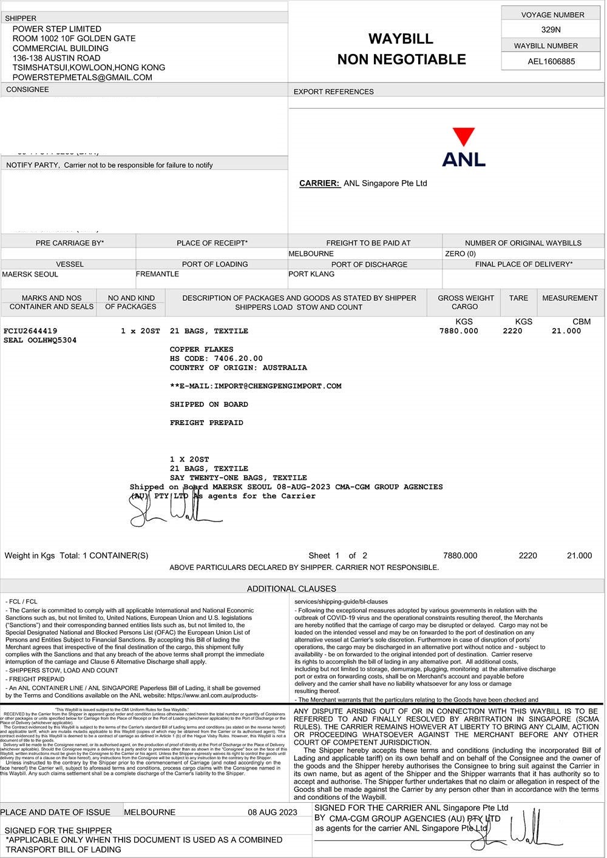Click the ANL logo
pos(464,147)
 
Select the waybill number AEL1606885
pos(551,61)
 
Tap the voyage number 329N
pos(551,29)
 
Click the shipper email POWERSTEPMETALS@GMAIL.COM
pos(83,78)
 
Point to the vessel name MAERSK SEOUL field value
pos(30,274)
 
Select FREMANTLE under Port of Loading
pos(157,274)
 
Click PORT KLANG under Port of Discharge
pos(311,274)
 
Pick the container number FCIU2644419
pos(30,331)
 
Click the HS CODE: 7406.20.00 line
pos(216,358)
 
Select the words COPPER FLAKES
pos(202,349)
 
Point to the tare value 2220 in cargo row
pos(512,331)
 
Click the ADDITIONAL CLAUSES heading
pos(291,588)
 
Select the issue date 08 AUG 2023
pos(273,812)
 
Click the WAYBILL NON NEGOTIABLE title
pos(401,49)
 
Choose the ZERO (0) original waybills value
pos(460,253)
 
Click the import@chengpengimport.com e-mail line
pos(256,386)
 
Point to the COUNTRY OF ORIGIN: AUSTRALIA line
pos(238,367)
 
